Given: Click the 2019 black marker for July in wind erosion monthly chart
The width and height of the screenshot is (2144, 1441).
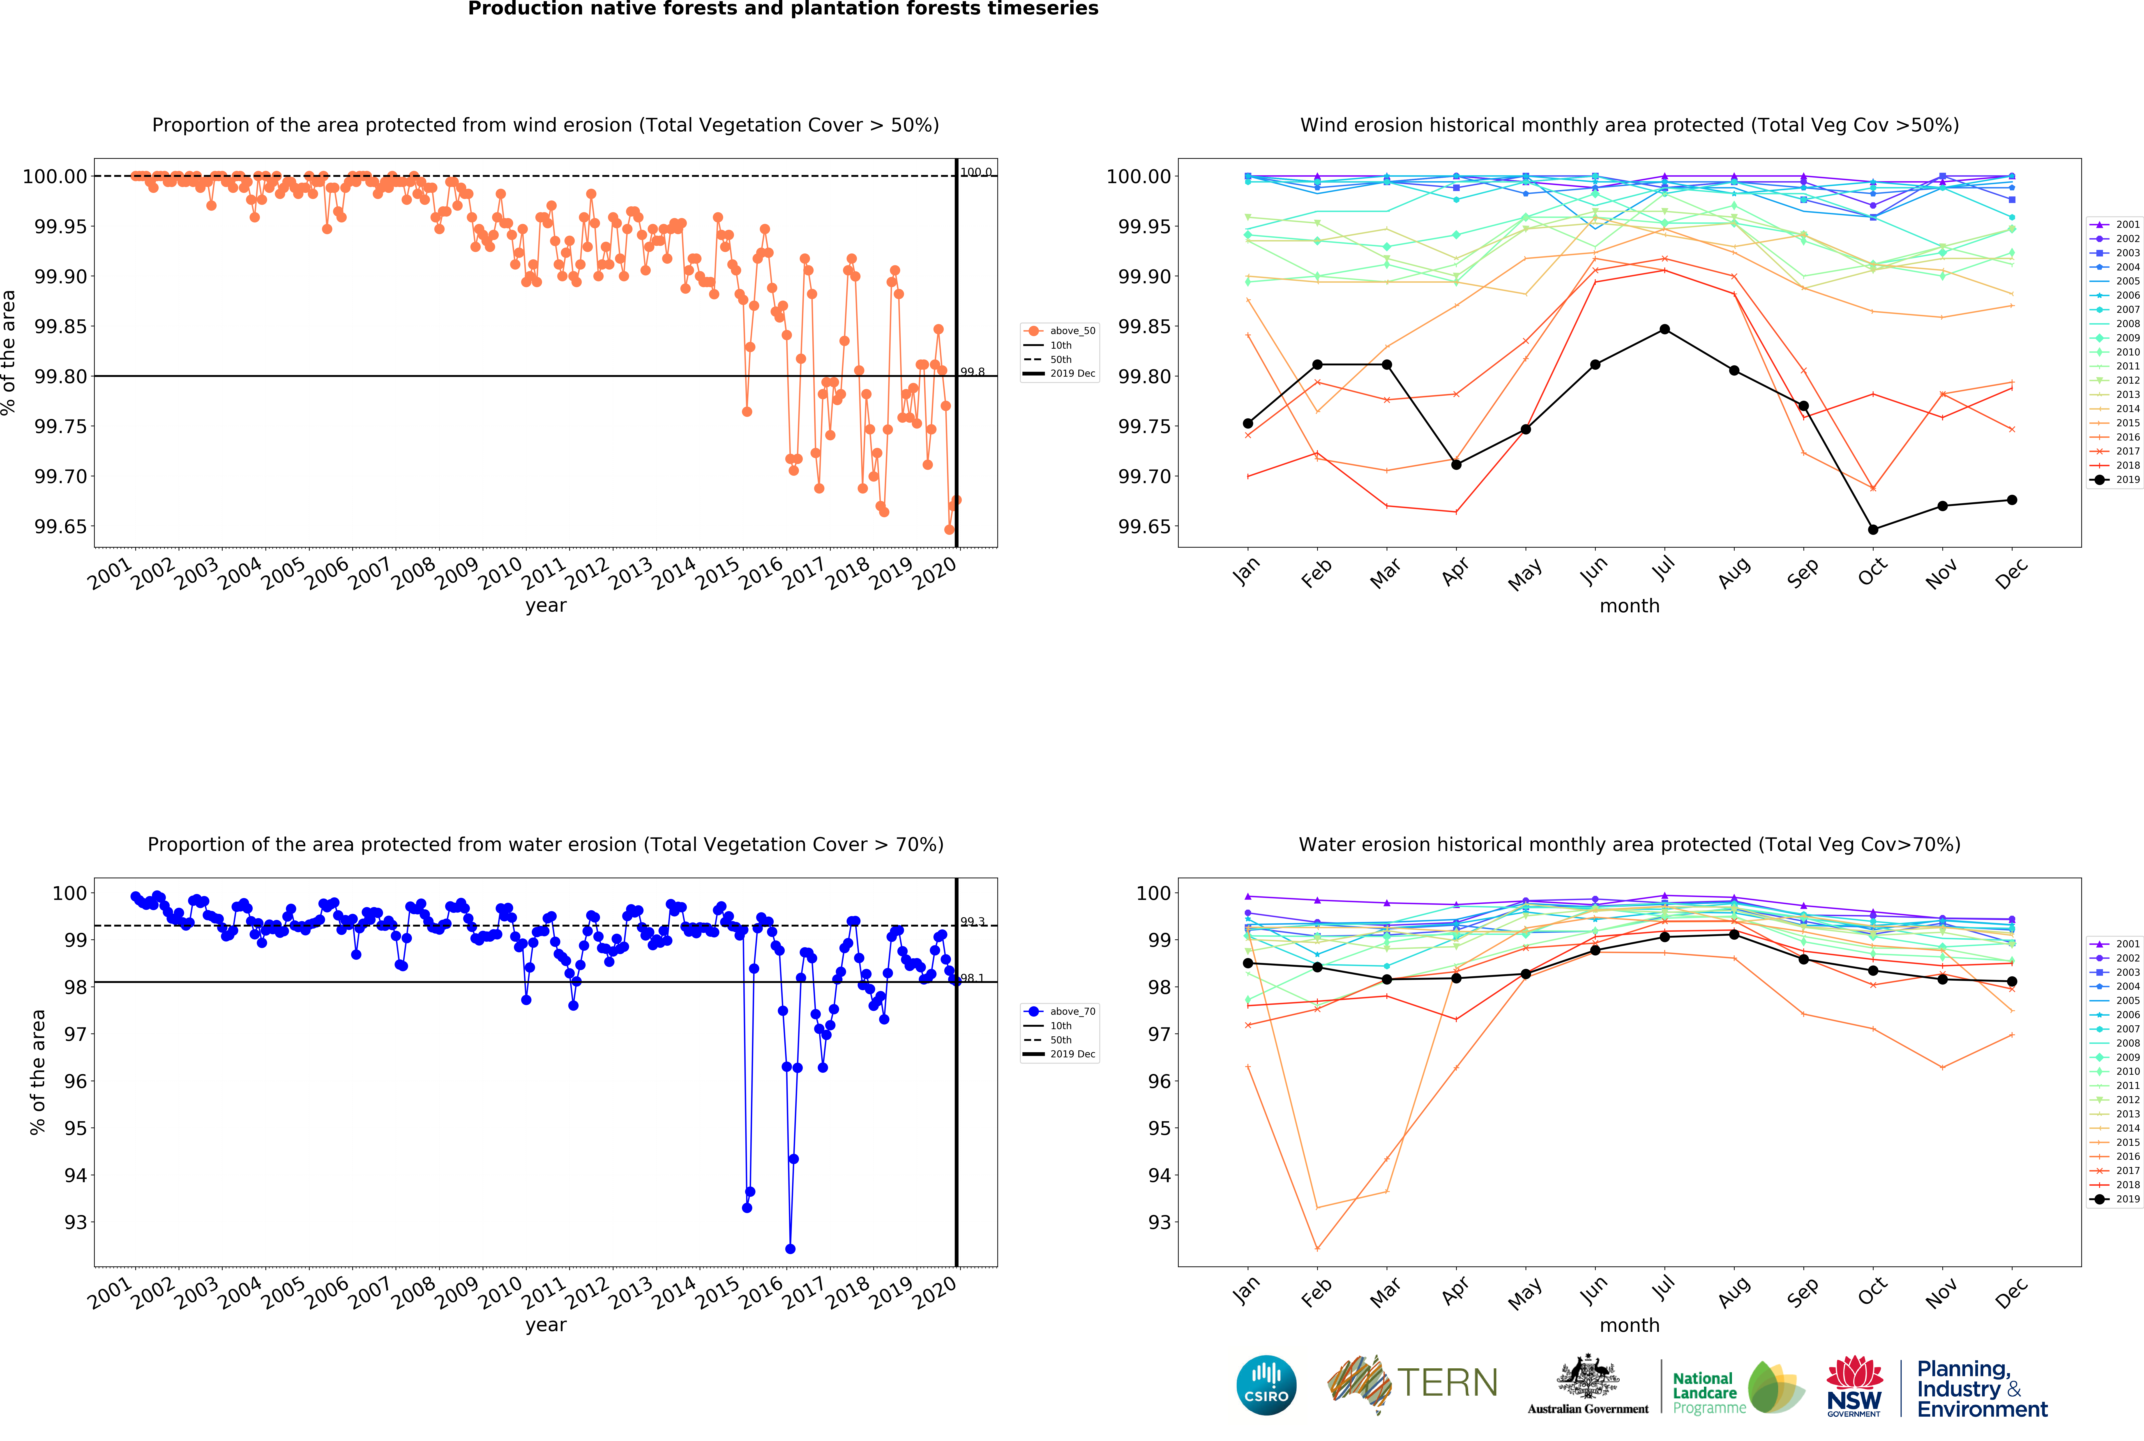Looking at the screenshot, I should click(1664, 329).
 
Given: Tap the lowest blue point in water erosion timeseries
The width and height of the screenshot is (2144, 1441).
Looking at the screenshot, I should click(790, 1249).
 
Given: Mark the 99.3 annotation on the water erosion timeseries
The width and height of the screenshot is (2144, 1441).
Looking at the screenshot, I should click(972, 922).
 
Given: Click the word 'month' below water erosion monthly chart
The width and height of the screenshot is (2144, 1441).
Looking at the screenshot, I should click(1629, 1325).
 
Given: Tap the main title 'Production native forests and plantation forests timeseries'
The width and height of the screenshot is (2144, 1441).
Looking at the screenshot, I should click(783, 9).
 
